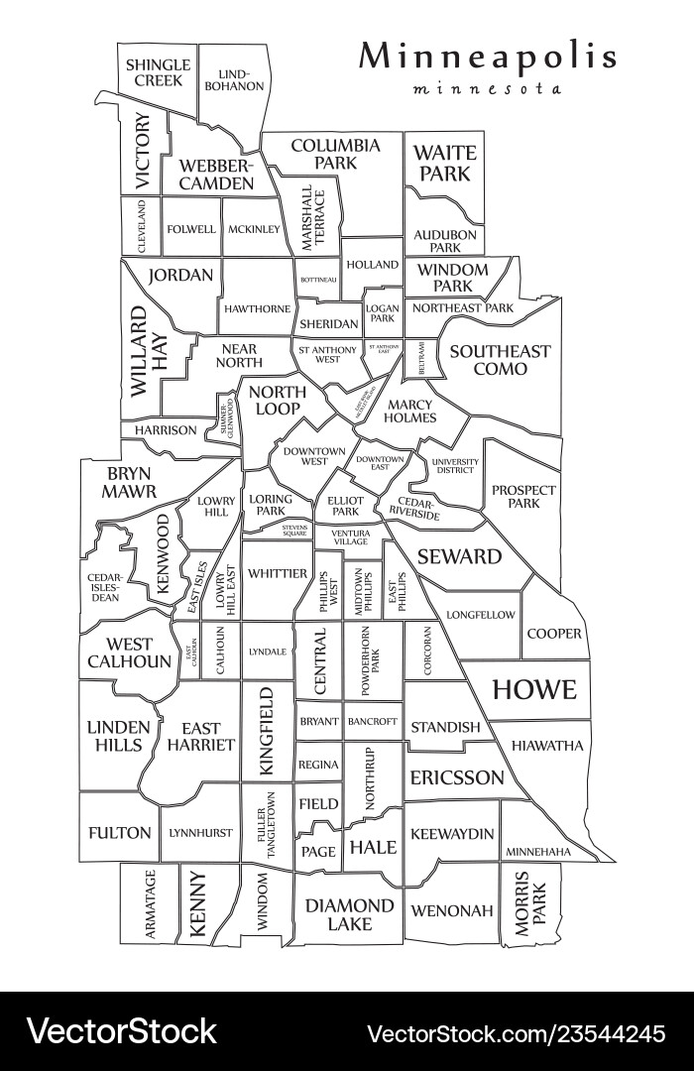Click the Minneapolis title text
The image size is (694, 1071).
point(487,57)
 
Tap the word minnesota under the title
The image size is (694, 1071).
point(487,88)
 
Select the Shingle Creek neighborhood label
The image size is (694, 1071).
point(158,72)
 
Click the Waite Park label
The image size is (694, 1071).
point(444,164)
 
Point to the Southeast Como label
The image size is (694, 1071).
point(500,360)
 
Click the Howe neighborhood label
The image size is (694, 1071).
point(533,689)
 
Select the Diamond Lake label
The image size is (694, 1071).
point(349,914)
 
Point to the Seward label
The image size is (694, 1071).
point(459,556)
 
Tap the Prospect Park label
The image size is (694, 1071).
point(523,497)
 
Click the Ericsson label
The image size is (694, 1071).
point(457,777)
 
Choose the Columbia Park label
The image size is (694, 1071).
point(335,154)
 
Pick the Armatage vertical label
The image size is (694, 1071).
point(150,904)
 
